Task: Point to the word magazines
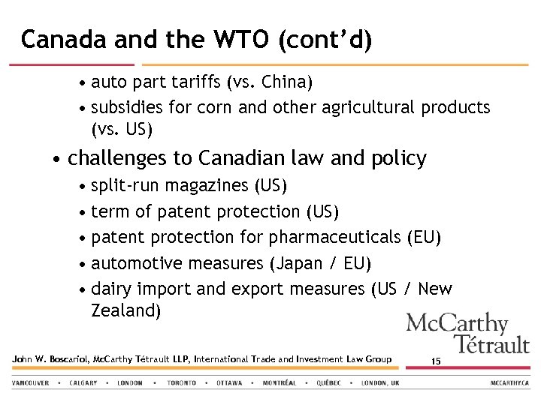207,185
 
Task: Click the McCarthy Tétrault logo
467,333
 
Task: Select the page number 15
436,361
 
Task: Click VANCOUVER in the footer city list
31,382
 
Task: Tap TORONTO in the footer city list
182,382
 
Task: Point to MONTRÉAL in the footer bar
279,382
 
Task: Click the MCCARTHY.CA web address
509,382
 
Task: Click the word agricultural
368,107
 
